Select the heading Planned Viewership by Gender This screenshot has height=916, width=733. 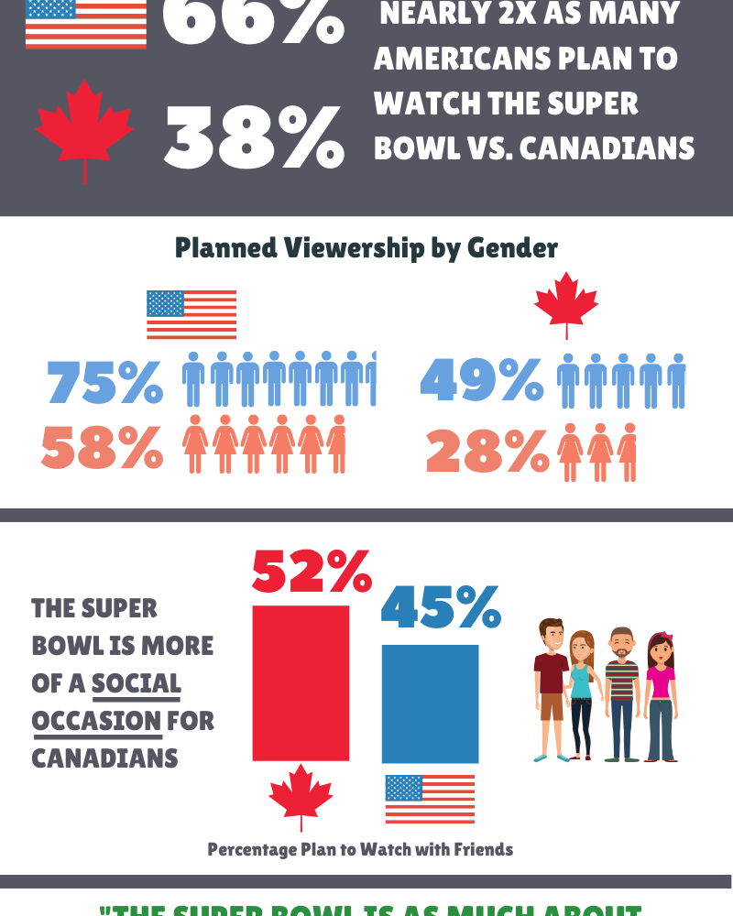pos(366,248)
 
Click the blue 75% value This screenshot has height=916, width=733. pos(104,382)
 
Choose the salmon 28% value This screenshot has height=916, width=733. pos(487,452)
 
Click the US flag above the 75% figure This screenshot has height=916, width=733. pos(191,314)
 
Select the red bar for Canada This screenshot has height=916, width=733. pos(301,682)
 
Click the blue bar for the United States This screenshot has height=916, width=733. pos(430,703)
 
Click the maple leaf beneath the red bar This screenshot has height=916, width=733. pos(301,796)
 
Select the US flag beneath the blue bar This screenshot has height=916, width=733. pos(430,798)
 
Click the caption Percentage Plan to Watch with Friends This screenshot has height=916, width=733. pos(360,849)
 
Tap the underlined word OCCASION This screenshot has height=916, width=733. pos(96,721)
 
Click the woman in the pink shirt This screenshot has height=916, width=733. pos(660,696)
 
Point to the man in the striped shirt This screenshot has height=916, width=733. pos(622,694)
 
